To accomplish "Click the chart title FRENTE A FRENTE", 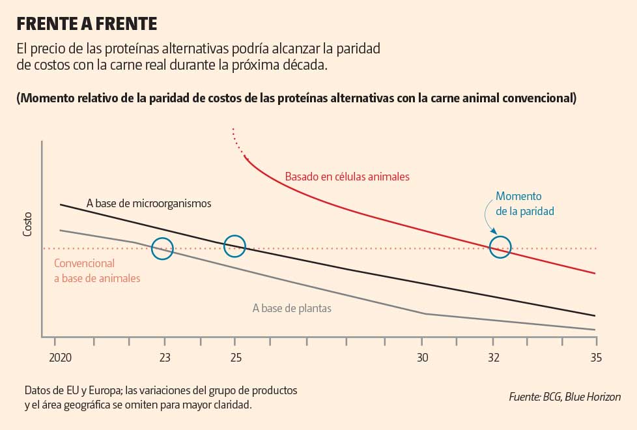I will (x=87, y=24).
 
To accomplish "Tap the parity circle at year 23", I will (x=162, y=248).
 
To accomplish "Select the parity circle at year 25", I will (x=234, y=246).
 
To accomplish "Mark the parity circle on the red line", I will (x=500, y=247).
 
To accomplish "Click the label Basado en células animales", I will (x=347, y=177).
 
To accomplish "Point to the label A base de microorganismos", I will (x=149, y=203).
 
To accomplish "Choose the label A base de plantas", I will (x=292, y=308).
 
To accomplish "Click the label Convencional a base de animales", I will (x=97, y=271).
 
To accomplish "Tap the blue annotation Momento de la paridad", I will (x=519, y=203).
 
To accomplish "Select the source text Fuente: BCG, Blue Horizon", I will (x=565, y=397).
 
